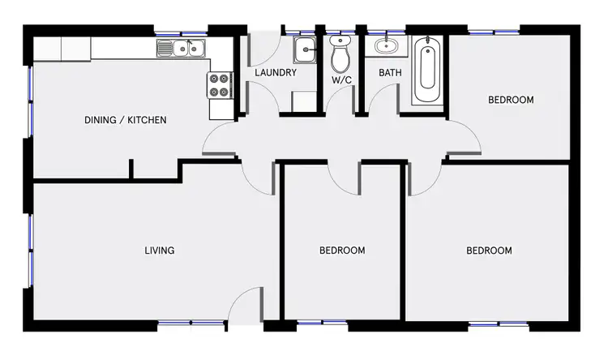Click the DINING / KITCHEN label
(x=126, y=121)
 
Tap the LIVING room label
(x=159, y=251)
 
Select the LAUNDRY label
(x=276, y=73)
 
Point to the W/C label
(x=340, y=81)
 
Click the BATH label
(x=391, y=73)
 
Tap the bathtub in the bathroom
(x=427, y=73)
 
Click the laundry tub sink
(x=305, y=49)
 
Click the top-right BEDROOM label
(x=511, y=101)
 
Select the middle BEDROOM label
(x=341, y=251)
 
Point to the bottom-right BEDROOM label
(x=489, y=251)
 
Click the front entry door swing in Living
(x=242, y=309)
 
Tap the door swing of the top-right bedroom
(x=465, y=138)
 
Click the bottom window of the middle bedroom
(x=310, y=324)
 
